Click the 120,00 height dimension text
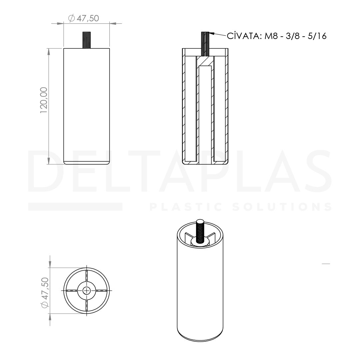click(x=44, y=100)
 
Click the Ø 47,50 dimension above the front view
click(x=84, y=18)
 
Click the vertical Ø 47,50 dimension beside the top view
click(x=45, y=293)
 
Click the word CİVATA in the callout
click(x=244, y=36)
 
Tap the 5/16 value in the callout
click(x=317, y=36)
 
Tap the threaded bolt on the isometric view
click(x=200, y=232)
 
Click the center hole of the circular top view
click(x=87, y=290)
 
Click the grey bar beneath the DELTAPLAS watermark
click(x=75, y=207)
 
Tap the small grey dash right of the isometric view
click(x=326, y=264)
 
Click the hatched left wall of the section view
click(x=184, y=107)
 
